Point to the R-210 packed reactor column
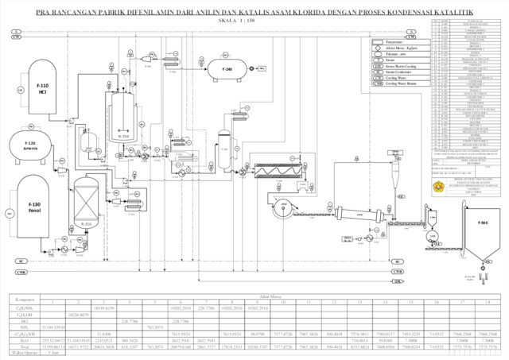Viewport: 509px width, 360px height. (85, 199)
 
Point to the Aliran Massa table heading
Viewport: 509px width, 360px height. (254, 296)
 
